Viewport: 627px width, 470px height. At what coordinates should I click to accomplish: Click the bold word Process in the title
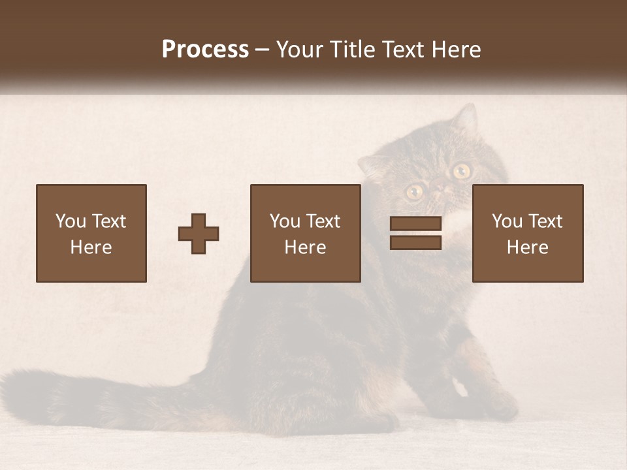click(205, 50)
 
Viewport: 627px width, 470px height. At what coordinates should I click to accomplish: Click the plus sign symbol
click(199, 234)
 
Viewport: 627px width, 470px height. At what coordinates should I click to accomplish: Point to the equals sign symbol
click(415, 233)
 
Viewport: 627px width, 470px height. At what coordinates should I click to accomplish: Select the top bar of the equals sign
click(415, 224)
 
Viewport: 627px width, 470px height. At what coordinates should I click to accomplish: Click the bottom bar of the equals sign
click(415, 242)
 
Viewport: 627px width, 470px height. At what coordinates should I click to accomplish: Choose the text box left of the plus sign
click(91, 233)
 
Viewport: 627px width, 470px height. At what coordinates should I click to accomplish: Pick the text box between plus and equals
click(306, 233)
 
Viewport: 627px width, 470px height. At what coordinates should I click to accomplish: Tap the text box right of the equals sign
click(528, 233)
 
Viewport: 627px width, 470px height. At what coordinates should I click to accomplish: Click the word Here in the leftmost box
click(91, 247)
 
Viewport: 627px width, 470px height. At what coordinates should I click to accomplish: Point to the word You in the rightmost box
click(507, 221)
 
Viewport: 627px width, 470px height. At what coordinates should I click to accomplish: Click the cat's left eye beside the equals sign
click(414, 191)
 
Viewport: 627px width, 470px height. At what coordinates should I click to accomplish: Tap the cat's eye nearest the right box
click(462, 171)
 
